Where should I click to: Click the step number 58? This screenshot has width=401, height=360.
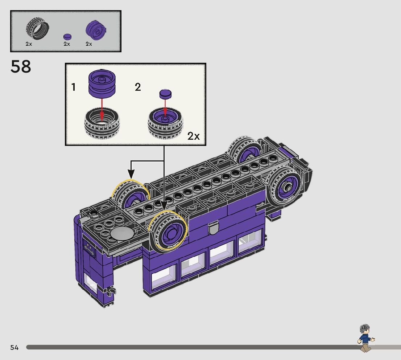(x=21, y=66)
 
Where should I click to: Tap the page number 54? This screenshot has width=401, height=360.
(x=15, y=347)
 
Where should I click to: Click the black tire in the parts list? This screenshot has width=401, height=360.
(x=37, y=28)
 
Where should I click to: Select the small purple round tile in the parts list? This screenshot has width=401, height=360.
(x=67, y=37)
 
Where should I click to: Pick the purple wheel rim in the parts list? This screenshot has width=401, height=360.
(x=96, y=30)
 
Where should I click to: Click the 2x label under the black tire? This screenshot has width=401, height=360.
(x=29, y=44)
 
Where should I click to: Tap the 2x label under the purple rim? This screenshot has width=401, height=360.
(x=89, y=44)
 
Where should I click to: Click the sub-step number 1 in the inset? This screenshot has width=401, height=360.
(x=73, y=87)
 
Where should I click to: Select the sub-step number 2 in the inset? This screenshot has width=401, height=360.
(x=138, y=87)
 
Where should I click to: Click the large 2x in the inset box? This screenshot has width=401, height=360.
(x=194, y=136)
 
